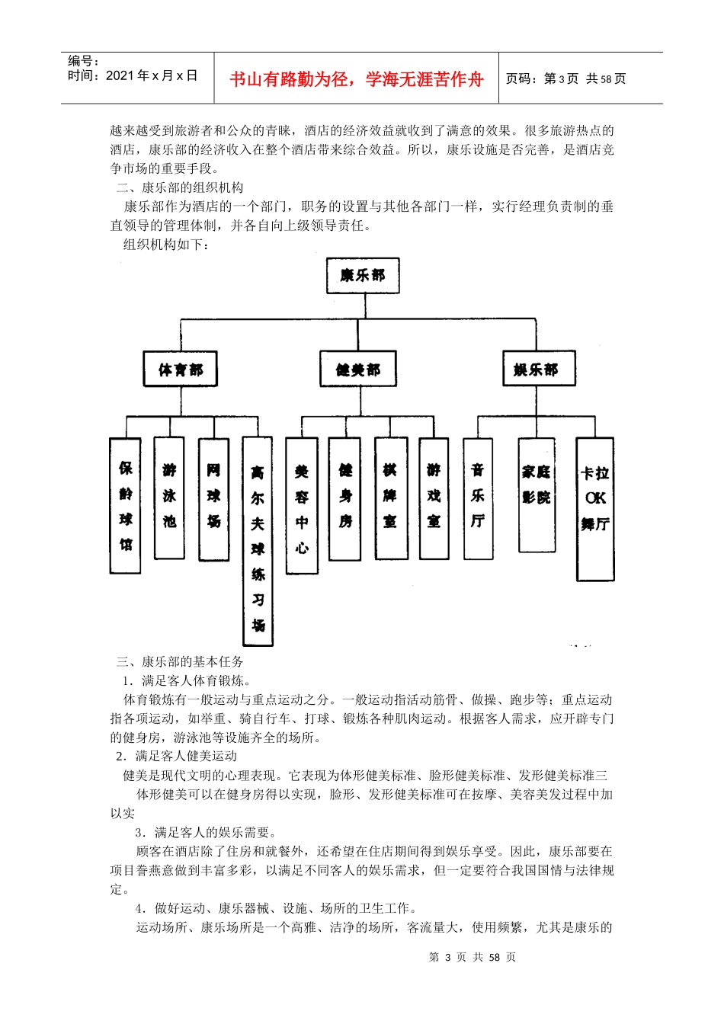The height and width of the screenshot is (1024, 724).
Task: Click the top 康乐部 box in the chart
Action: coord(363,276)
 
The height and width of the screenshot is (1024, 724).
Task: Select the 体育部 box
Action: coord(181,370)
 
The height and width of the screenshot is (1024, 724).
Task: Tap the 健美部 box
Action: coord(357,370)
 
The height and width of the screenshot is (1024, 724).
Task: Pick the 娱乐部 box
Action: coord(539,369)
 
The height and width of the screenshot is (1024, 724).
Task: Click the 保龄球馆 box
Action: coord(126,506)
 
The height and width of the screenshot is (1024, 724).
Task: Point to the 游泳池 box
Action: coord(169,498)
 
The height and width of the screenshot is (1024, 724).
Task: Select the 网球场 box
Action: coord(213,499)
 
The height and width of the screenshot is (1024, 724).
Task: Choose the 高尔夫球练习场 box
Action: coord(258,541)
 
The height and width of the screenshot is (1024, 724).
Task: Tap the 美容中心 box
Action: coord(302,506)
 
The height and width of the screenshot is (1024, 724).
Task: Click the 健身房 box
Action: coord(345,498)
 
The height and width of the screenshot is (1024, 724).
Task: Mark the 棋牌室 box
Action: coord(390,498)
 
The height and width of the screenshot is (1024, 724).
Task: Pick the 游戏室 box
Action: coord(434,498)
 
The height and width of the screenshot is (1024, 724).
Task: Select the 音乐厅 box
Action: coord(478,498)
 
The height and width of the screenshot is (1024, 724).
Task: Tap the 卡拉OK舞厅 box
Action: coord(595,509)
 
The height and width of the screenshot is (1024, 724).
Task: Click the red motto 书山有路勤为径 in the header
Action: coord(357,79)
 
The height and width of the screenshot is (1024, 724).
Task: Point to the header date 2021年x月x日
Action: coord(152,75)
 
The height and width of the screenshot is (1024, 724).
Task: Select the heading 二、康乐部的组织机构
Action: coord(180,187)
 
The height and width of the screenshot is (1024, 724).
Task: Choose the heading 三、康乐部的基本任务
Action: coord(180,661)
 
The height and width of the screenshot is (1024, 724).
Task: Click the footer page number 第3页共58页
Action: coord(473,957)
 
